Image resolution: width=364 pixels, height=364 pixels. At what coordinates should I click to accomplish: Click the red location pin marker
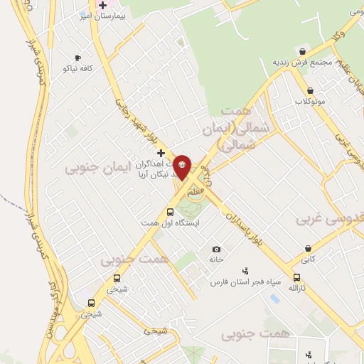pyautogui.click(x=182, y=167)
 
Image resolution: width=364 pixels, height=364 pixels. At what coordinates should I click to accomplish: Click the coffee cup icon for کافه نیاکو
pyautogui.click(x=77, y=58)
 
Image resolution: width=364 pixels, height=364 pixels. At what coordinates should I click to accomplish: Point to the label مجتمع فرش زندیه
pyautogui.click(x=302, y=62)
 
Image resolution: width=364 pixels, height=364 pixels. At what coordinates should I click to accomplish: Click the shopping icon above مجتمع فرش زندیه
pyautogui.click(x=303, y=51)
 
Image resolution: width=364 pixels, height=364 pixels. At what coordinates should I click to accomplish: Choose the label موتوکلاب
pyautogui.click(x=310, y=101)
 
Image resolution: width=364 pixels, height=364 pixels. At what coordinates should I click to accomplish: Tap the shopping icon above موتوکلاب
pyautogui.click(x=310, y=91)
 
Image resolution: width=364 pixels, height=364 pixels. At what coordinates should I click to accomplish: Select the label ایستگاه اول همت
pyautogui.click(x=169, y=223)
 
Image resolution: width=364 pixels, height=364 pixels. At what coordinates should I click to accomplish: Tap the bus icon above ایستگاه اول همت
pyautogui.click(x=169, y=212)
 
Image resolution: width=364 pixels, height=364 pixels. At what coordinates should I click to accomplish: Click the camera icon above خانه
pyautogui.click(x=217, y=249)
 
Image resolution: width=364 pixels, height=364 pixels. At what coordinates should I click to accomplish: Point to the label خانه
pyautogui.click(x=216, y=259)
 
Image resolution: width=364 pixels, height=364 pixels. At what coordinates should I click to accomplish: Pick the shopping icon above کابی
pyautogui.click(x=308, y=249)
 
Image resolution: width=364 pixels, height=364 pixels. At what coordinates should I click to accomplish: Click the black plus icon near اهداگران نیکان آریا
pyautogui.click(x=161, y=153)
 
